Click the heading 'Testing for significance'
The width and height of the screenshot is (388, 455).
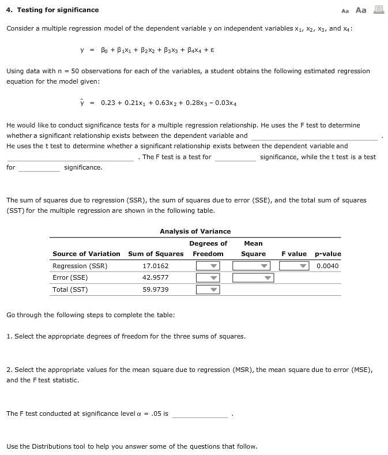(x=52, y=10)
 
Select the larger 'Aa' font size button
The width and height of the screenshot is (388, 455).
(x=361, y=10)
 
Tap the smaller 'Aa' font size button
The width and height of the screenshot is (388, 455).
(x=345, y=10)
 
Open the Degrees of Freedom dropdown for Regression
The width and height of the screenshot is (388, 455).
(x=208, y=266)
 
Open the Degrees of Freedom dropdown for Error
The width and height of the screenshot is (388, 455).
(x=208, y=278)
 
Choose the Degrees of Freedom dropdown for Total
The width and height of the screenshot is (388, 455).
(x=208, y=289)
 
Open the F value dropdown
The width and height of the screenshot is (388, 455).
(x=295, y=266)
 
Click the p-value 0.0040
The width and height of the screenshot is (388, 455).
(x=327, y=266)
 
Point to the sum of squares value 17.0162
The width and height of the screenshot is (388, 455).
(x=156, y=266)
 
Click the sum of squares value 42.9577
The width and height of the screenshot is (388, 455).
(x=156, y=278)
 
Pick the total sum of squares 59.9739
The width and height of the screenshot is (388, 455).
(x=156, y=289)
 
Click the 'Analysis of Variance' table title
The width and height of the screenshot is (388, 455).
(x=195, y=231)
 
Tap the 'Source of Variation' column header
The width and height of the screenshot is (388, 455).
(x=86, y=254)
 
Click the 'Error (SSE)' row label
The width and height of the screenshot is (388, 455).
(x=70, y=278)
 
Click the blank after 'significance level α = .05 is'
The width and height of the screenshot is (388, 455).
(x=200, y=414)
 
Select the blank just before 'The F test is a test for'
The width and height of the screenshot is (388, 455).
(x=70, y=157)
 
